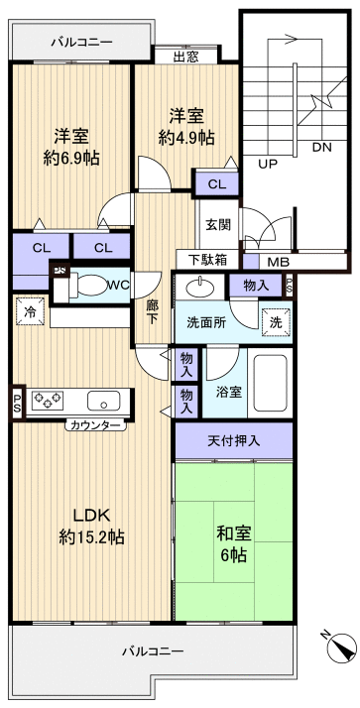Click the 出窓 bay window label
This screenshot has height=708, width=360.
point(184,57)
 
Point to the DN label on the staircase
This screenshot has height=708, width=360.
point(321,148)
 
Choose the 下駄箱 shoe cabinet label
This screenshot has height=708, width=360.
point(207,260)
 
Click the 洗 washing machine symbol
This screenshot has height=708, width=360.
point(276,321)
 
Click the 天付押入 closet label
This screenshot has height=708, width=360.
point(233,439)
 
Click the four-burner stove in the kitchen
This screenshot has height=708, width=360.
point(48,401)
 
